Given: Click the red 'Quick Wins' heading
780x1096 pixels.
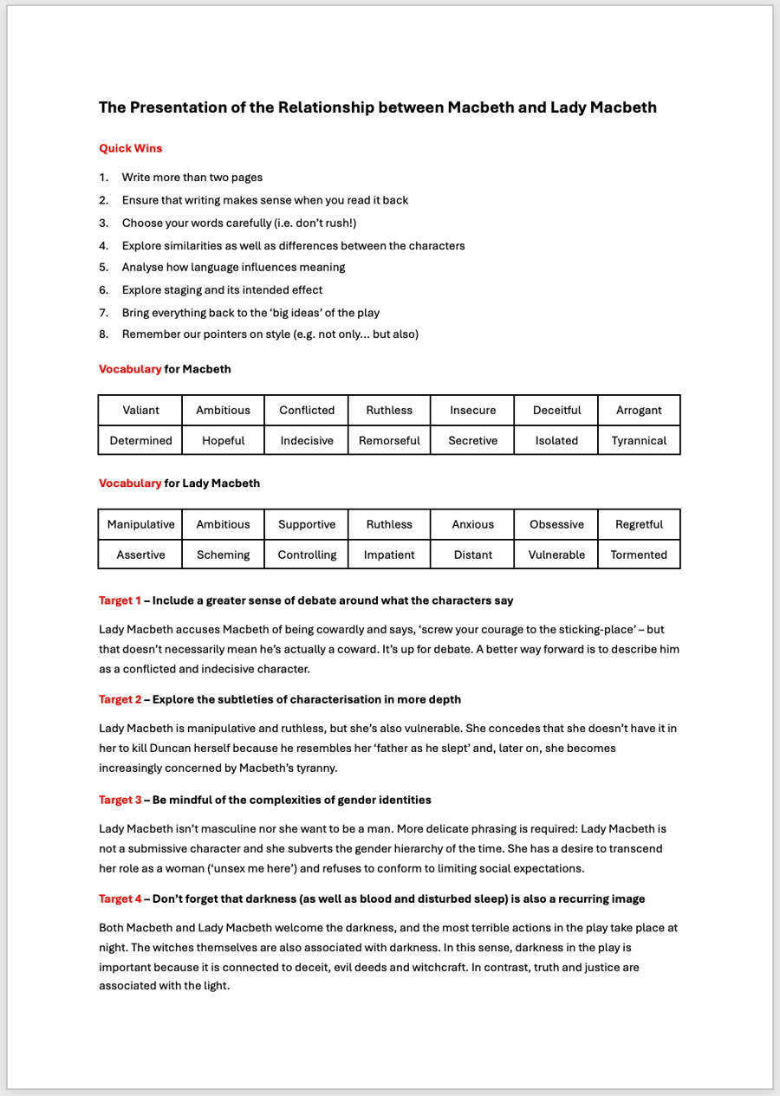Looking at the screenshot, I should pyautogui.click(x=130, y=148).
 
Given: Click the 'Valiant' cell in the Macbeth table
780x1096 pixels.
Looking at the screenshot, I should pyautogui.click(x=140, y=411).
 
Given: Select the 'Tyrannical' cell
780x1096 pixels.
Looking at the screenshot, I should pyautogui.click(x=639, y=440).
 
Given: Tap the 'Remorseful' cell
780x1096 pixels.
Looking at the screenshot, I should pyautogui.click(x=389, y=440).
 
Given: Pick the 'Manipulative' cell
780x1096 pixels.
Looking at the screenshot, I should pyautogui.click(x=140, y=524).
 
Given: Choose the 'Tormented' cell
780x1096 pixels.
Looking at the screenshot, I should pyautogui.click(x=639, y=554).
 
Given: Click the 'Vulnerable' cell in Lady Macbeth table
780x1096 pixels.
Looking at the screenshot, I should pyautogui.click(x=556, y=554).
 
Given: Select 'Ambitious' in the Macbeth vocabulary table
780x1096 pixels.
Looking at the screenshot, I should pyautogui.click(x=223, y=411).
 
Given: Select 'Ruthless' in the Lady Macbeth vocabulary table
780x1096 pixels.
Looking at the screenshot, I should pyautogui.click(x=389, y=524).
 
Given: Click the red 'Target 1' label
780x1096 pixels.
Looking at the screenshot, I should pyautogui.click(x=120, y=600).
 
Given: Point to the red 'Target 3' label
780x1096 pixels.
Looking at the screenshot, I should pyautogui.click(x=120, y=800).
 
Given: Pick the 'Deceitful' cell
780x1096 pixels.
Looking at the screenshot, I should pyautogui.click(x=556, y=411).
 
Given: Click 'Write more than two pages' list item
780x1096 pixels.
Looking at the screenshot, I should pyautogui.click(x=192, y=178).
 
